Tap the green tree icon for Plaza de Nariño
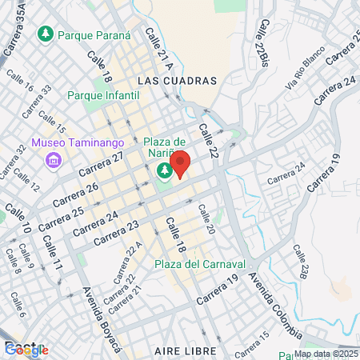(x=165, y=170)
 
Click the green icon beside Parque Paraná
(x=47, y=34)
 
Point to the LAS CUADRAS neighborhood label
(x=177, y=81)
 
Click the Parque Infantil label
(x=103, y=95)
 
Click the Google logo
(x=26, y=349)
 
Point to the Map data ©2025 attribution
(x=326, y=354)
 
